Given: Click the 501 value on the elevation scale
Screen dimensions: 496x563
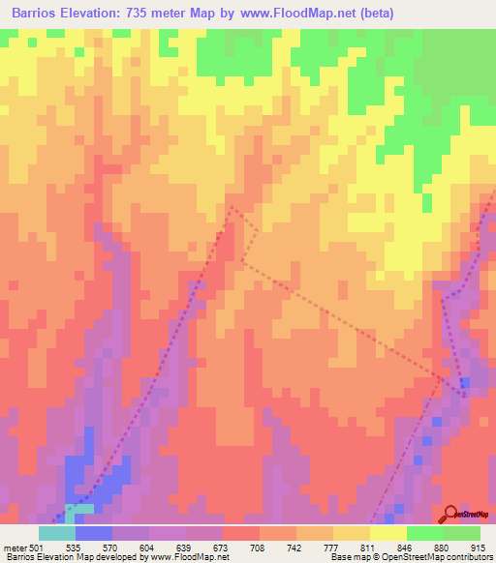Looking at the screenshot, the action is [36, 546].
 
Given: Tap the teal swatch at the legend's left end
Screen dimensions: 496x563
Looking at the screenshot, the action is [57, 533].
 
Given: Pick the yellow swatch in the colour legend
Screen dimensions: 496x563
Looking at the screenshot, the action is [388, 533].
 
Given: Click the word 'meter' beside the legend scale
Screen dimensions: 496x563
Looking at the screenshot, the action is [14, 546].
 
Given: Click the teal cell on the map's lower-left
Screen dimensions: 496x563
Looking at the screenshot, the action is [79, 508].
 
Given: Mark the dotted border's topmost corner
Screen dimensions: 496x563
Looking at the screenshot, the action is [231, 205].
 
